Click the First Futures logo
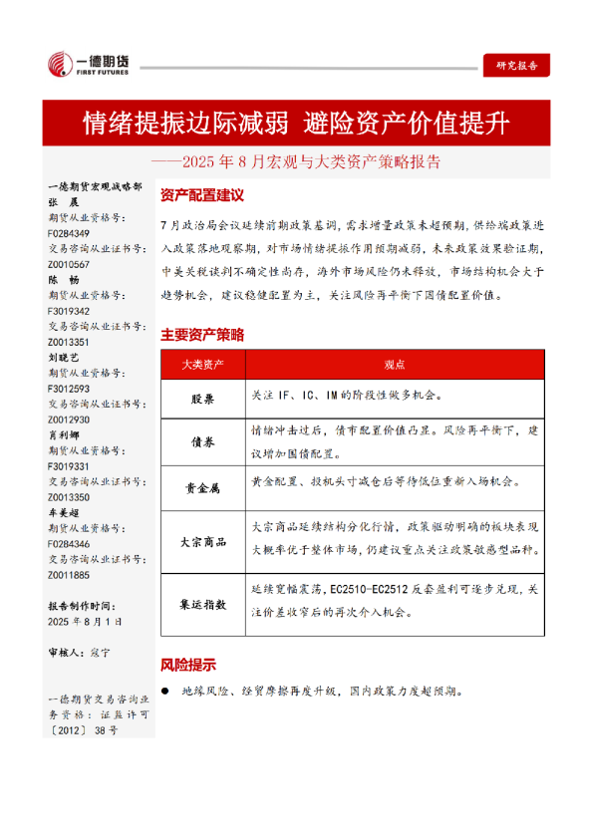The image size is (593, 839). [x=89, y=66]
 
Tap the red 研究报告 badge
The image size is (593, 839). [x=516, y=66]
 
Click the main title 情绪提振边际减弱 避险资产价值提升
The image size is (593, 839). [x=296, y=124]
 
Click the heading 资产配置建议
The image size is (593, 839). [x=202, y=195]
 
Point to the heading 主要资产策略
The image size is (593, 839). [x=202, y=334]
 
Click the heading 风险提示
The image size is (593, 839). [x=188, y=665]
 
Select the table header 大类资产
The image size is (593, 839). [x=202, y=365]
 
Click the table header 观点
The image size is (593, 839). [x=394, y=365]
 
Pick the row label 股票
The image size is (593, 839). [x=202, y=397]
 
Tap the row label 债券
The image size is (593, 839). [x=202, y=438]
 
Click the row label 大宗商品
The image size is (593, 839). [x=202, y=542]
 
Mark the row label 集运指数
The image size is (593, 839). [x=202, y=604]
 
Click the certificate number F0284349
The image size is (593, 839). [x=69, y=235]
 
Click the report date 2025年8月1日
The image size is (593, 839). [x=86, y=621]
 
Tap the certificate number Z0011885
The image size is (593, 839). [x=69, y=575]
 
